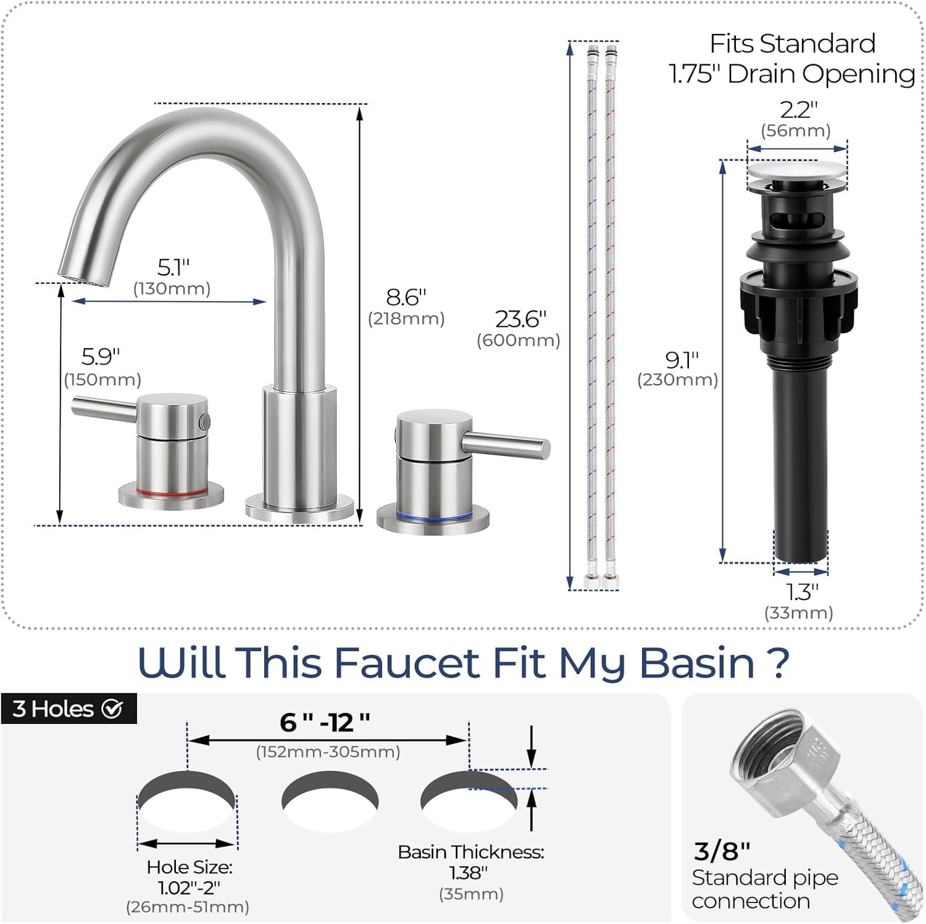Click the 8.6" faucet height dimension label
406,297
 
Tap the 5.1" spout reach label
173,267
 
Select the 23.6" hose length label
520,319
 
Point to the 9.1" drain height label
682,359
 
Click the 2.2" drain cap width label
798,110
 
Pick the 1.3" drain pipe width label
801,592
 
